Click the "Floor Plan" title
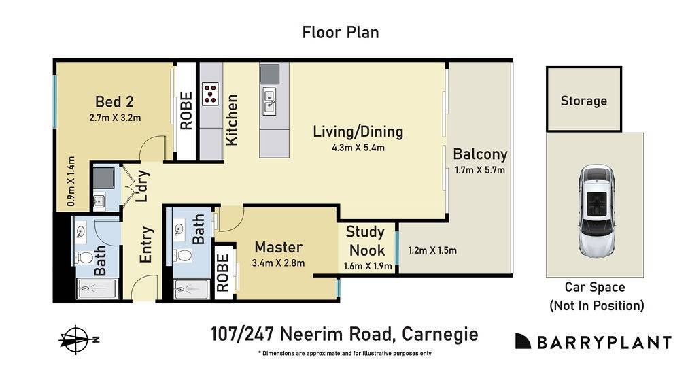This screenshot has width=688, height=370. (340, 32)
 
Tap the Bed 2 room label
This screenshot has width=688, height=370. (114, 102)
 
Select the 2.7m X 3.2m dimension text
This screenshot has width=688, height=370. (114, 117)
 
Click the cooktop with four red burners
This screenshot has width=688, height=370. (210, 92)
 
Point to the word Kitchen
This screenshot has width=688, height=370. (232, 120)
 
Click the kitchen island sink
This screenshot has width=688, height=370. (269, 101)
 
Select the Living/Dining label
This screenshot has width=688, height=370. (358, 131)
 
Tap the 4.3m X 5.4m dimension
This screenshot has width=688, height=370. (358, 148)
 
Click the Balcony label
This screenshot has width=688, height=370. (480, 154)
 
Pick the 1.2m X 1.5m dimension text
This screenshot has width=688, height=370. (432, 250)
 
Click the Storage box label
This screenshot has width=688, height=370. (583, 101)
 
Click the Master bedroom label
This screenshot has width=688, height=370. (278, 247)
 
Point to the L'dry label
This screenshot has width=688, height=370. (141, 186)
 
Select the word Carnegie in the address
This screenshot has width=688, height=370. (439, 335)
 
